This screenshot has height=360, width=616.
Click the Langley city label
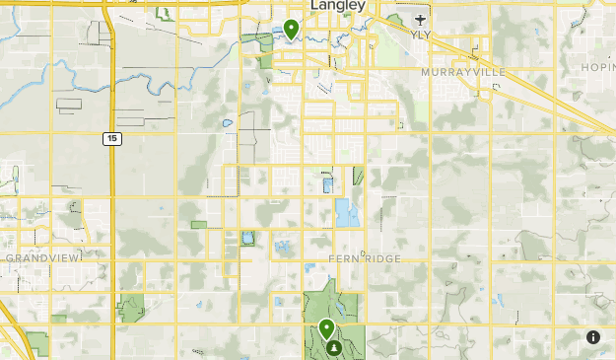pos(337,7)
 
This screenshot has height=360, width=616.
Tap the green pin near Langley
pos(291,29)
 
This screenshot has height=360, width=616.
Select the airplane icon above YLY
pos(421,19)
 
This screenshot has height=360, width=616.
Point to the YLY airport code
pos(421,34)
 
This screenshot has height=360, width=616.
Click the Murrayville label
pos(462,73)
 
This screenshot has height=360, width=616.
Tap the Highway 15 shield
pos(112,139)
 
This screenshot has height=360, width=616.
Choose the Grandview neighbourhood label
pos(42,257)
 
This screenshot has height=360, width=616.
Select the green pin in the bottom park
pos(326,329)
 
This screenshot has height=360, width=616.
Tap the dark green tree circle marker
pos(336,347)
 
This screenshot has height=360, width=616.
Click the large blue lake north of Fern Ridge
pos(346,213)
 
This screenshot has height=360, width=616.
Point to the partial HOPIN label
pos(597,67)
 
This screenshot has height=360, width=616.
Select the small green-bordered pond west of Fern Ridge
pos(246,238)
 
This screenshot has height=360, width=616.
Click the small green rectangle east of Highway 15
pos(199,225)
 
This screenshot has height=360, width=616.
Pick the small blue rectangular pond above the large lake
pos(327,184)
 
